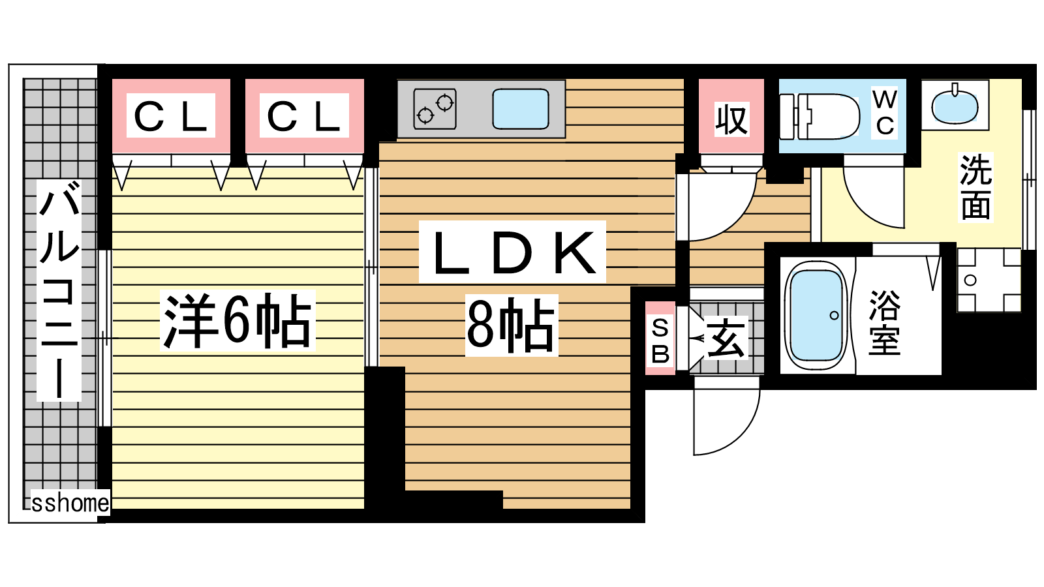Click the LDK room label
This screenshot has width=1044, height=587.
[x=512, y=252]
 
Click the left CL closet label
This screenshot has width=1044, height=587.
[x=171, y=116]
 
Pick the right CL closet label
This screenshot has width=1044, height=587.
[x=304, y=116]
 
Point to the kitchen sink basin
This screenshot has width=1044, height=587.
[x=520, y=109]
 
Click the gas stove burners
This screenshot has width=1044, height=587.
[x=435, y=109]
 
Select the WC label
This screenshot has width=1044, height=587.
[x=884, y=112]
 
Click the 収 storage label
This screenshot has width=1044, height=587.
[x=731, y=119]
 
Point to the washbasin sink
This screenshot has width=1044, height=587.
[x=955, y=105]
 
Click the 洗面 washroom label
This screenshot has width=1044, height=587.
[x=975, y=187]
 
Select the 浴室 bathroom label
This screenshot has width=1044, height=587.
[x=885, y=323]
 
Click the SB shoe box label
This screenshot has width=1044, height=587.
[x=660, y=339]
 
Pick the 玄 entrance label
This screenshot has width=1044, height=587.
[x=727, y=339]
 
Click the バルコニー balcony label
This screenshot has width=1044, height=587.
[x=59, y=290]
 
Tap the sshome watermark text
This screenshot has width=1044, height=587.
[x=70, y=503]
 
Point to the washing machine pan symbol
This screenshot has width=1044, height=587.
[x=989, y=280]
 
